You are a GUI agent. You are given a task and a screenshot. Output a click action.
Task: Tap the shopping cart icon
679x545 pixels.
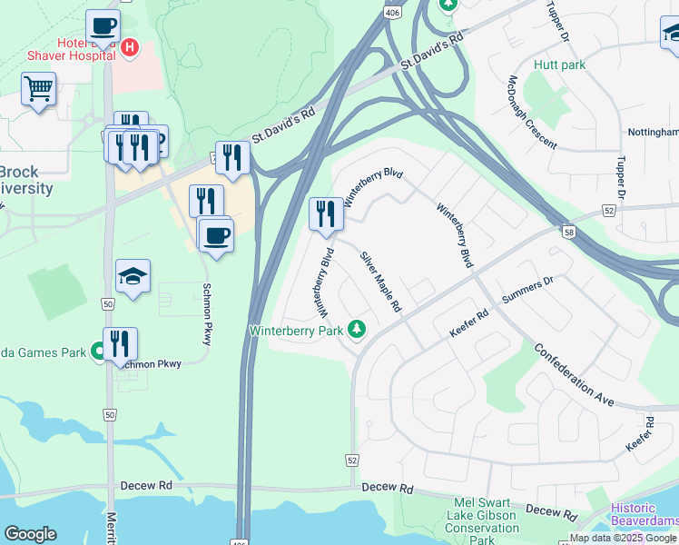38,90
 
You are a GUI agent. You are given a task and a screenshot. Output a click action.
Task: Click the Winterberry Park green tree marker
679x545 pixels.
356,329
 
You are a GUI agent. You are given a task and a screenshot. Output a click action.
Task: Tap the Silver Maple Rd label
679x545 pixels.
380,281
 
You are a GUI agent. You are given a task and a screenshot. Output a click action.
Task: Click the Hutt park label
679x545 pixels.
559,64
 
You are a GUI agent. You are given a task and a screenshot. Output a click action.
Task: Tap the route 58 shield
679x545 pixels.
568,233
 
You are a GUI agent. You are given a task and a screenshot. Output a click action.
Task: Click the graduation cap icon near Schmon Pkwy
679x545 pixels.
133,276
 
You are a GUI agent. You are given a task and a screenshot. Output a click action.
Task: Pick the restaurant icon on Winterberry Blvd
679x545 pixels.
326,214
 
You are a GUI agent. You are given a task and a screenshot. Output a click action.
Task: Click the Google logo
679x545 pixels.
31,534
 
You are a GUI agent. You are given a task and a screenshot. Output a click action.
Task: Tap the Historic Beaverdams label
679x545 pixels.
644,515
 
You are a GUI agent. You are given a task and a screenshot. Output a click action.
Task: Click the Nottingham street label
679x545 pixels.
653,133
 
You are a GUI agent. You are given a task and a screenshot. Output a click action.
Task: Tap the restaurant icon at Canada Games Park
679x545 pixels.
120,344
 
